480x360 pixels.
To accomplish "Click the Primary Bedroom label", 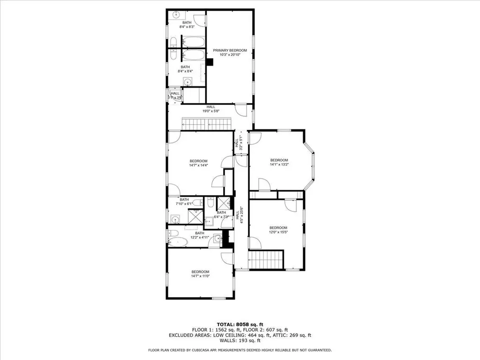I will point(230,53).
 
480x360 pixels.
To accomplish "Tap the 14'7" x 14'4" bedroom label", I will point(198,163).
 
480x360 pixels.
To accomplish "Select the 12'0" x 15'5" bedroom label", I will point(278,230).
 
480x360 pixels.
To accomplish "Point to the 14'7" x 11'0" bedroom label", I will point(200,274).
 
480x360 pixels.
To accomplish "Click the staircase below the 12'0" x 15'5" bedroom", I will point(266,260).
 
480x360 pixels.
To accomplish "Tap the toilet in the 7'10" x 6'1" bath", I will point(197,202).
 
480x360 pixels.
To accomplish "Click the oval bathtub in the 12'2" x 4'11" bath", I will point(178,242).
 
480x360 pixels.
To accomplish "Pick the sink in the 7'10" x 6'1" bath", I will point(175,218).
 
